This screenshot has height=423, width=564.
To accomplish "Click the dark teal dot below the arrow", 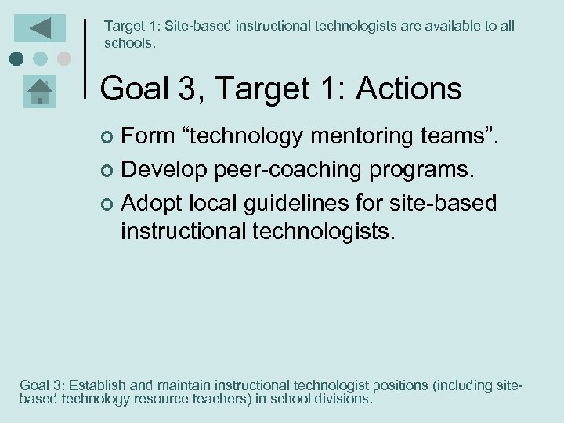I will tap(16, 59).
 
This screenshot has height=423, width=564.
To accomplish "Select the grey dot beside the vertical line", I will tap(63, 59).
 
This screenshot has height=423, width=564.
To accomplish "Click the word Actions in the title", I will tap(409, 89).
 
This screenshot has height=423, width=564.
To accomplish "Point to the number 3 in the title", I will tap(190, 89).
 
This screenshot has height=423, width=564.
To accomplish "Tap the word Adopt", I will tap(152, 204).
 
